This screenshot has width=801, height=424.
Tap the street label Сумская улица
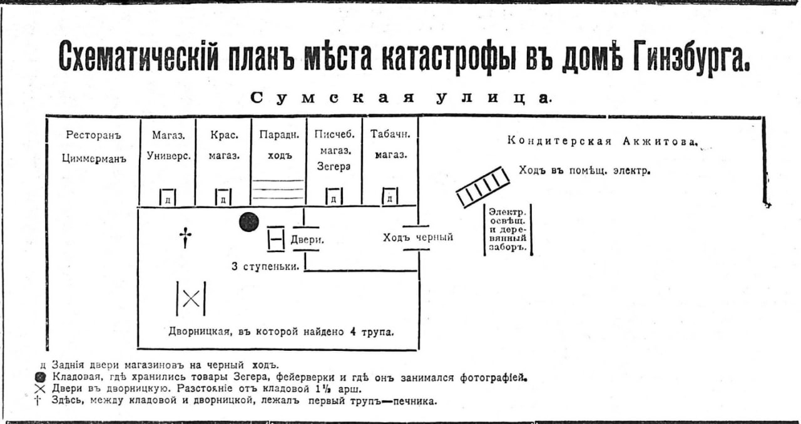click(x=400, y=98)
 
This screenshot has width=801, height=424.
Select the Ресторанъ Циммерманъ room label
click(x=93, y=146)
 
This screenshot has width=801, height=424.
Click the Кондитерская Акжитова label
click(x=601, y=141)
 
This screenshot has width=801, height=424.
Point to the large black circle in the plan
click(x=248, y=221)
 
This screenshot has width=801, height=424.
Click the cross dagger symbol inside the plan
click(x=185, y=237)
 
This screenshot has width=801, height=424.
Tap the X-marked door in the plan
click(x=191, y=298)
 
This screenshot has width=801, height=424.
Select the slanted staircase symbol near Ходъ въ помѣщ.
click(x=482, y=186)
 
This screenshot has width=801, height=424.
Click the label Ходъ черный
click(x=418, y=237)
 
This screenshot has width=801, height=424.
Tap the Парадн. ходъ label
click(x=278, y=144)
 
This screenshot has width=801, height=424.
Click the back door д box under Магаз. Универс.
click(x=167, y=198)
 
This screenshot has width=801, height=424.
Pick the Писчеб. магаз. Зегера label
click(x=334, y=150)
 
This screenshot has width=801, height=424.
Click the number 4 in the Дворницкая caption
click(x=354, y=331)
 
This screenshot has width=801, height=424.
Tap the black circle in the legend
click(x=41, y=377)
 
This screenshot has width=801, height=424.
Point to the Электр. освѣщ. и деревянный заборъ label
click(x=508, y=229)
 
